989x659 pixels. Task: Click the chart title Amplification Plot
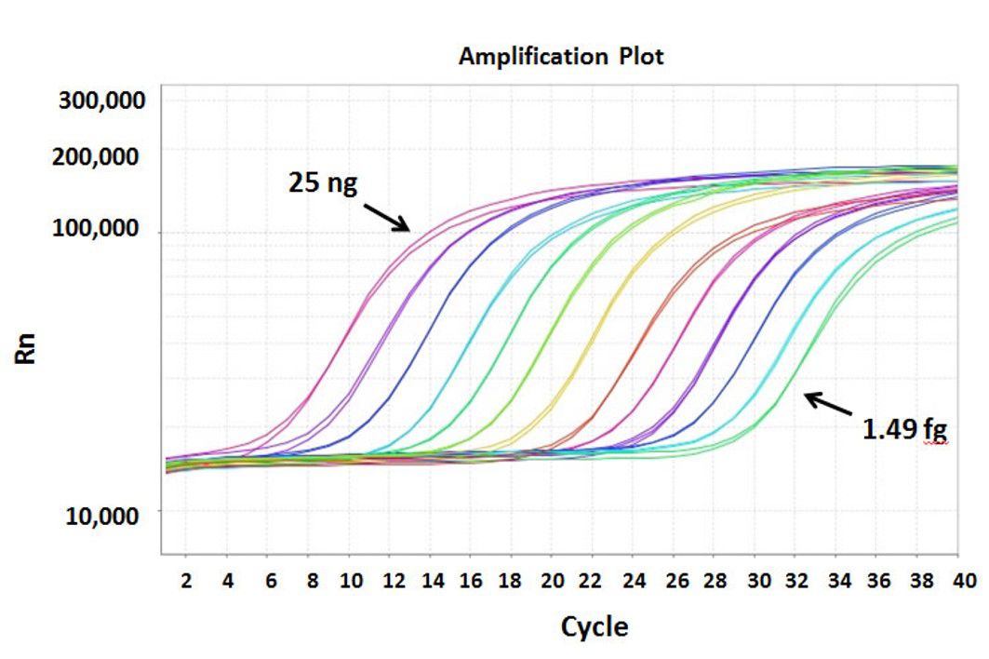[x=561, y=56]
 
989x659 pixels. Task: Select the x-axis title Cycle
[x=594, y=626]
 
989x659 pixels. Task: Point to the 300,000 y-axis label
[x=102, y=100]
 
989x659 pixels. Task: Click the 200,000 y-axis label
[x=102, y=156]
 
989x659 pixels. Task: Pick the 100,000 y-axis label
[x=102, y=229]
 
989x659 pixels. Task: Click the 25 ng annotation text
[x=322, y=183]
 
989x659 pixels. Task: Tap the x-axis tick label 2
[x=186, y=581]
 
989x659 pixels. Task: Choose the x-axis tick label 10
[x=350, y=581]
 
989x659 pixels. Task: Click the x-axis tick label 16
[x=472, y=581]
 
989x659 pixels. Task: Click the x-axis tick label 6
[x=270, y=581]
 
